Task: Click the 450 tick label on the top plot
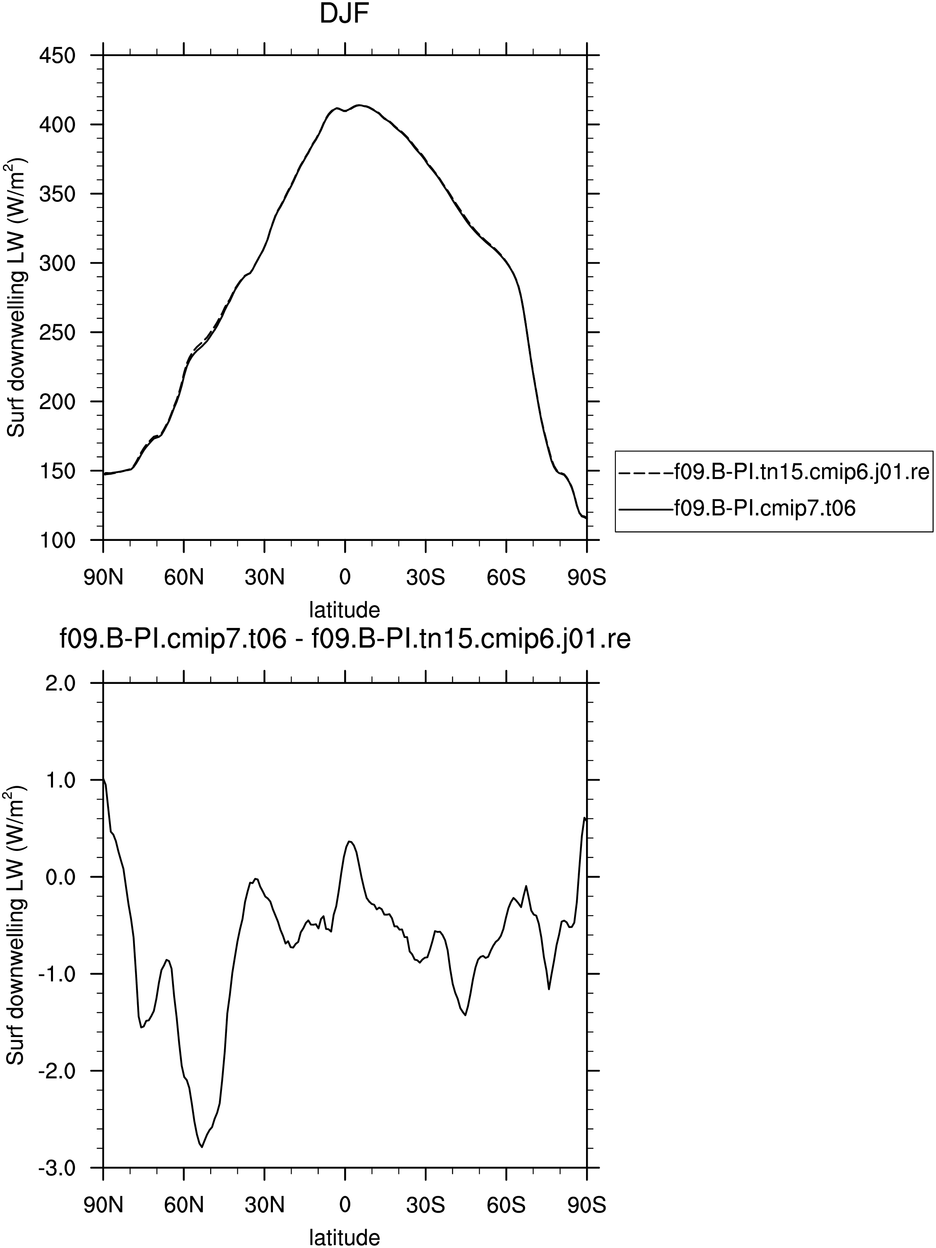click(x=57, y=56)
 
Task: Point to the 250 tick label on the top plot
click(x=57, y=332)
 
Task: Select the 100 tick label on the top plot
click(x=57, y=540)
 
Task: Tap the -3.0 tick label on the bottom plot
click(x=57, y=1168)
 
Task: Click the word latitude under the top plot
click(x=345, y=610)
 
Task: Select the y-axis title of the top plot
click(x=17, y=297)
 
